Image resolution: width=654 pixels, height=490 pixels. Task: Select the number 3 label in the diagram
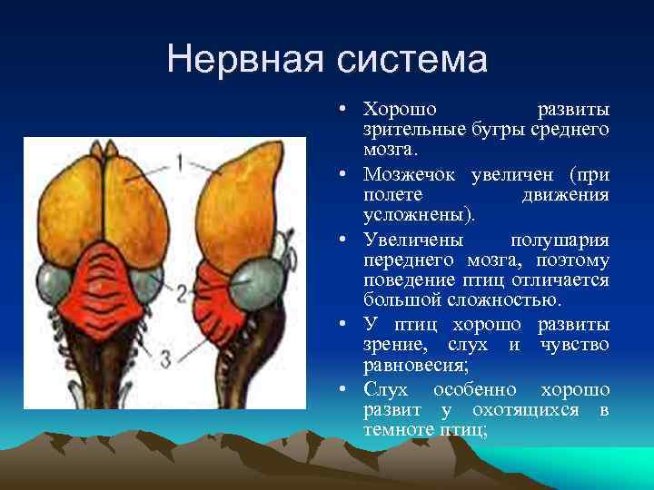[165, 358]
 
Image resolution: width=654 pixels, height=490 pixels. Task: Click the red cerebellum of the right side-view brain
[215, 299]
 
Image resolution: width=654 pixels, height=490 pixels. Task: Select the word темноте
[401, 432]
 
